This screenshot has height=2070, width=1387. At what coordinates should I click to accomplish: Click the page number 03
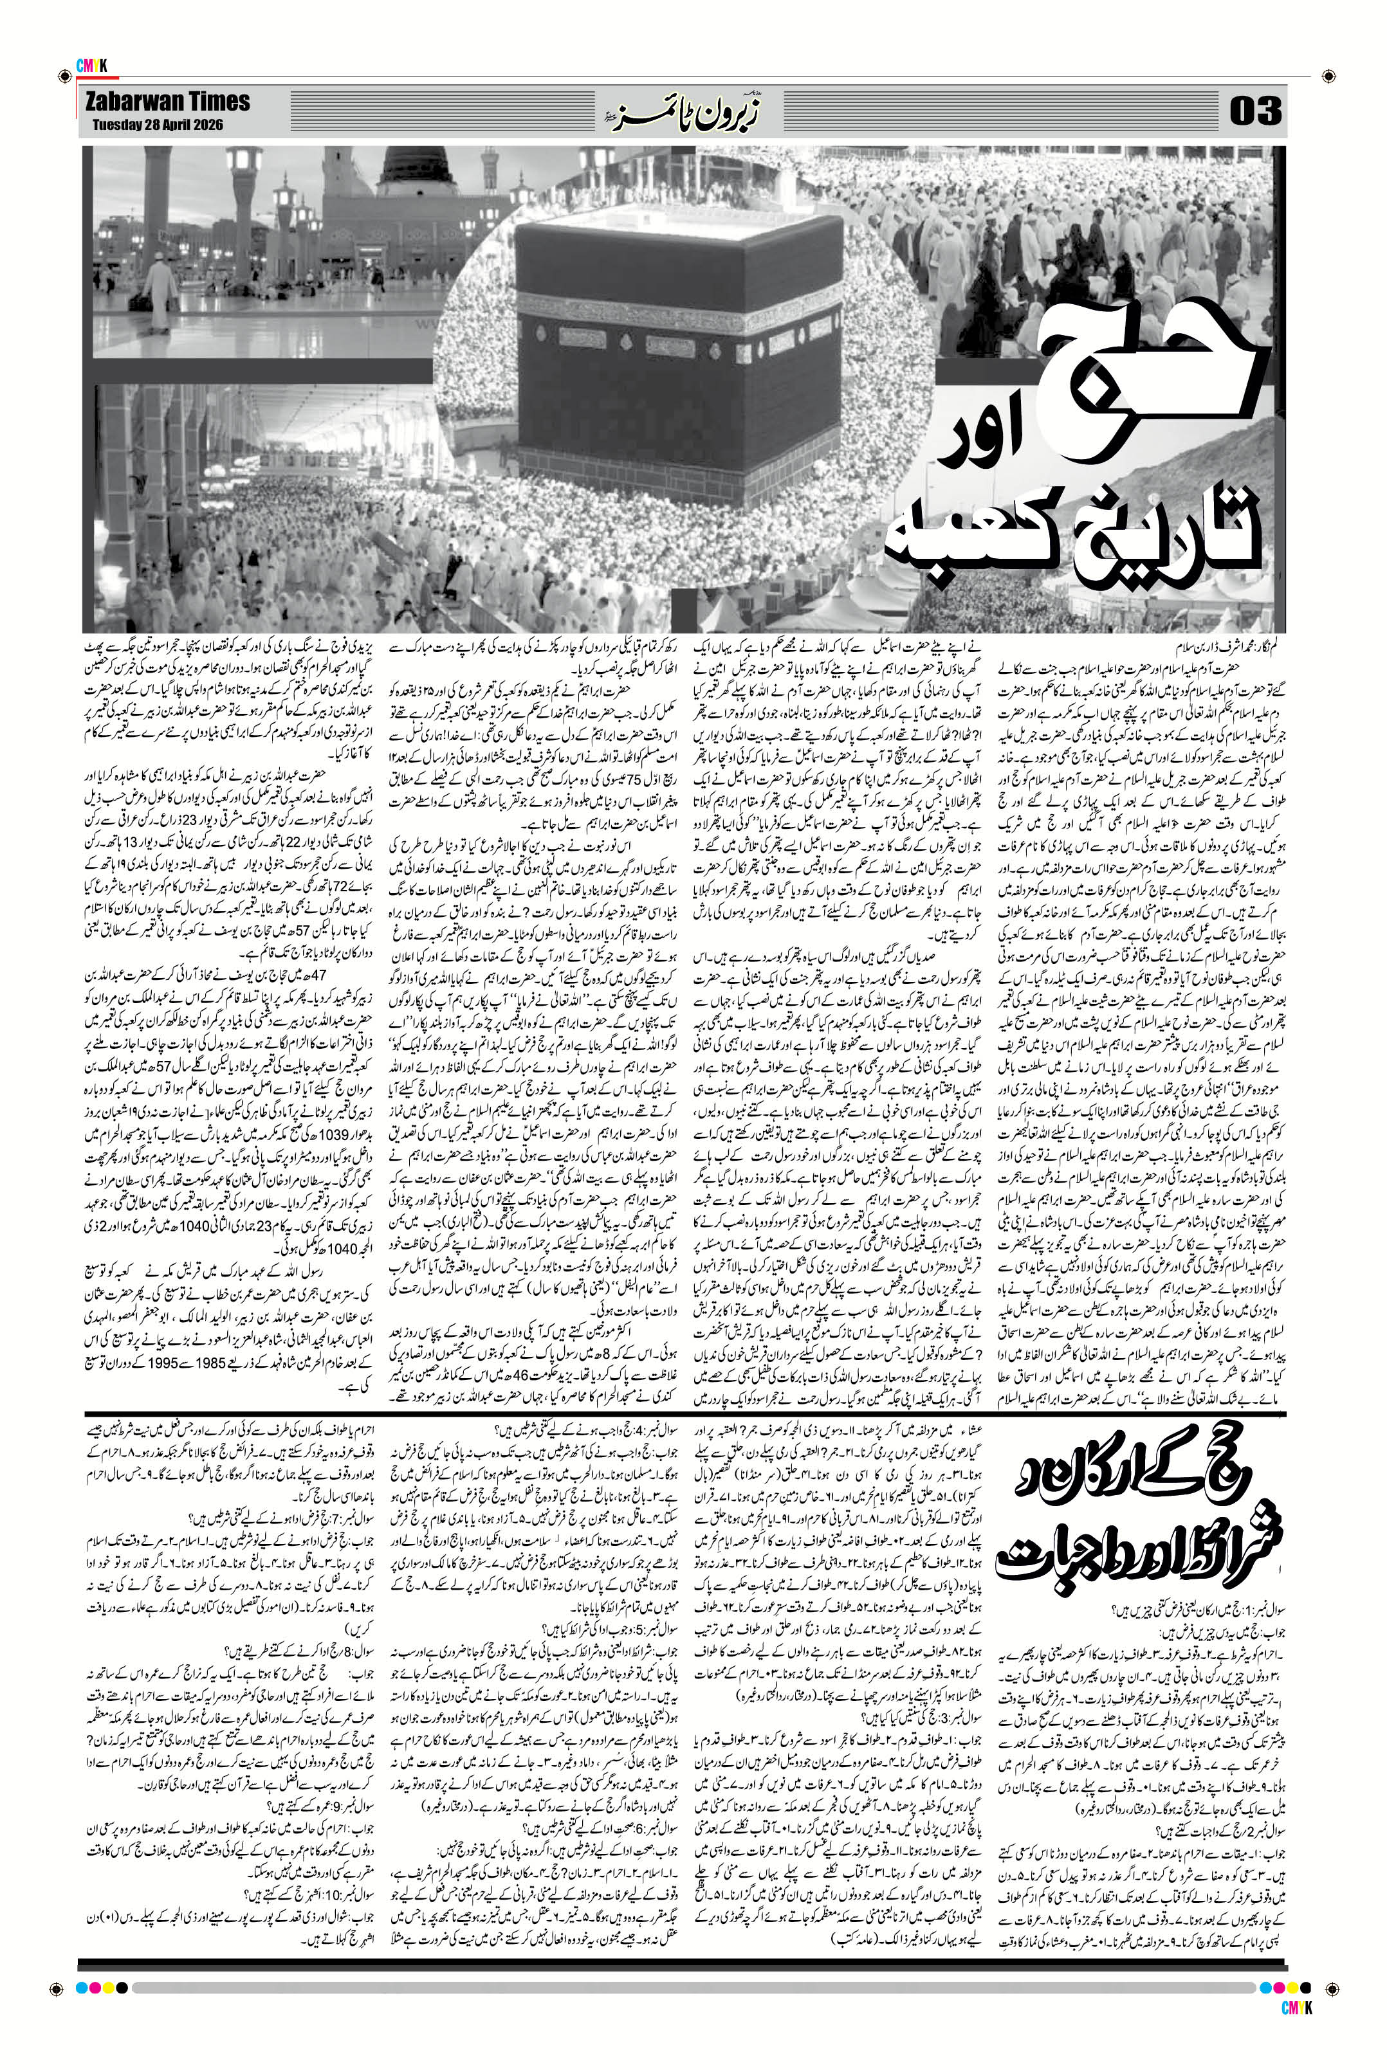1255,113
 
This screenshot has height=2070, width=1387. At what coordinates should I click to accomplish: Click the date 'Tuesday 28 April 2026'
158,125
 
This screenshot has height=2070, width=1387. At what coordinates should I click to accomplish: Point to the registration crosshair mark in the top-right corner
1328,77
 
